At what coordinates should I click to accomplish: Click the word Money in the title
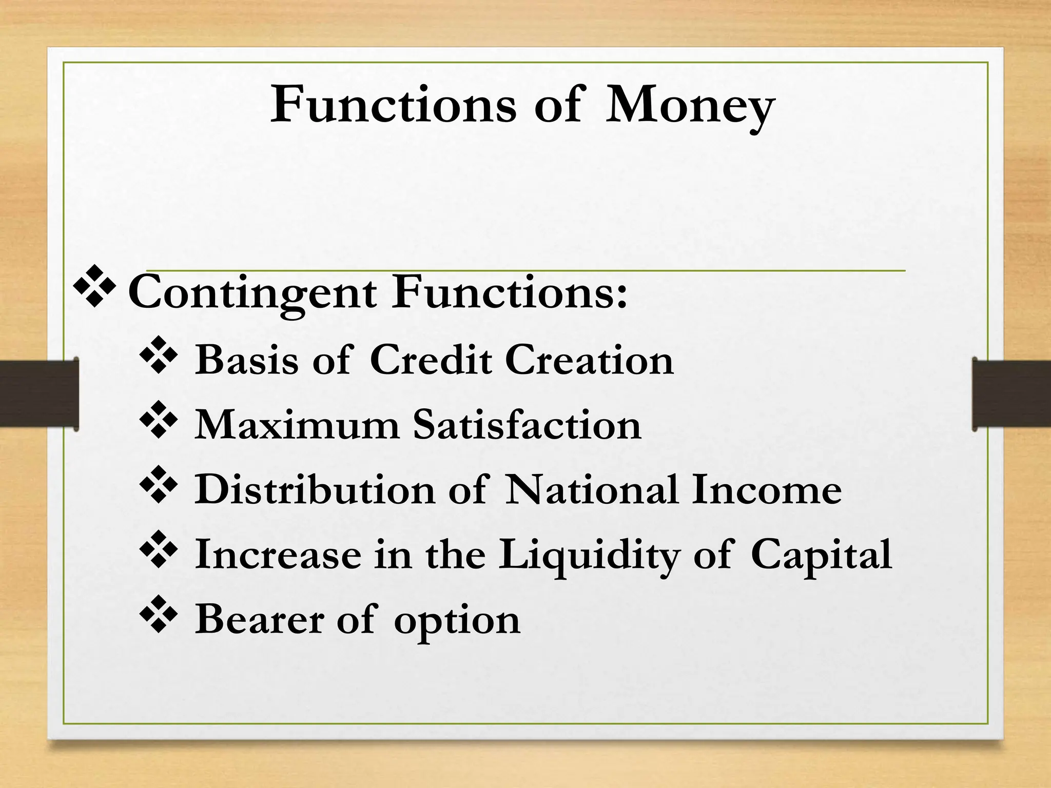click(x=690, y=107)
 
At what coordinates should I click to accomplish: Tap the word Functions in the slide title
click(x=393, y=106)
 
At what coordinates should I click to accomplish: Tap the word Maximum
click(x=297, y=425)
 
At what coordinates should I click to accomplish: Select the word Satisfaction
click(x=528, y=425)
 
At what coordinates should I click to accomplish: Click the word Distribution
click(x=315, y=490)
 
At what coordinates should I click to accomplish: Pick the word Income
click(x=767, y=490)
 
